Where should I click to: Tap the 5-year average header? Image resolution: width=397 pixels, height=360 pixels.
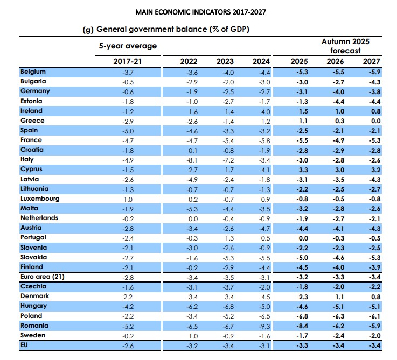click(128, 46)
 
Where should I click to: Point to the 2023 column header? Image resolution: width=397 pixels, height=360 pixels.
click(226, 61)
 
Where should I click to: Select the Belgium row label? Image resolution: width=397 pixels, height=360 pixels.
click(33, 72)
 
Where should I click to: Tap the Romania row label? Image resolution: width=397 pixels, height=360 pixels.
click(35, 326)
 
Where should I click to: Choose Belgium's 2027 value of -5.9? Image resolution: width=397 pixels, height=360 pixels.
click(371, 72)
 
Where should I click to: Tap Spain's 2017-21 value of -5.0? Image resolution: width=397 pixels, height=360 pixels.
click(126, 130)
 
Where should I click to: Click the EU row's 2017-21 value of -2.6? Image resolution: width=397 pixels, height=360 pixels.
click(126, 345)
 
